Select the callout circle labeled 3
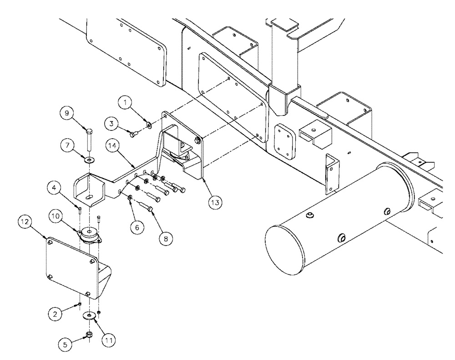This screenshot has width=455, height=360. coord(112,123)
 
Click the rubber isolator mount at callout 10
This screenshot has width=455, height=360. coord(90,236)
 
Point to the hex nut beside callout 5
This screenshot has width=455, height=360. coord(90,335)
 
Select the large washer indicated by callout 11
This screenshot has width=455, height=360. coord(89,315)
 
